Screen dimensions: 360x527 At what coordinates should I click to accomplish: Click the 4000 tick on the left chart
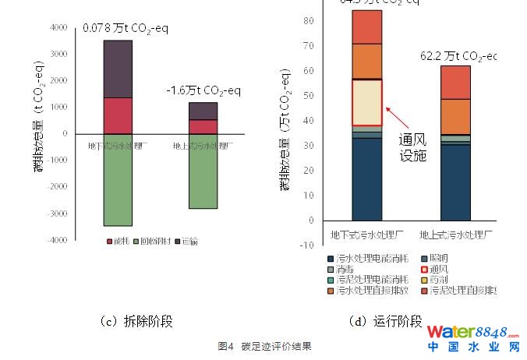click(58, 28)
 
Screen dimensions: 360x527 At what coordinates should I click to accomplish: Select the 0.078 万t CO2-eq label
click(125, 29)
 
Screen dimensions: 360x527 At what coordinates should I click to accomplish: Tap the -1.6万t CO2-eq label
click(199, 90)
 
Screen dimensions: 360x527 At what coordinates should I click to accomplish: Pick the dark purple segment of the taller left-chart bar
click(118, 69)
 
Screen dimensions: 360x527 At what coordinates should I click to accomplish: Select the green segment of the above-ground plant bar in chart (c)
click(203, 171)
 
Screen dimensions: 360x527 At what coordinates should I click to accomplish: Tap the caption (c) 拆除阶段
click(136, 321)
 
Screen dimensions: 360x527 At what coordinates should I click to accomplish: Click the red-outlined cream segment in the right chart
click(366, 102)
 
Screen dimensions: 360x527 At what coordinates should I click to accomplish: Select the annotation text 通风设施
click(413, 148)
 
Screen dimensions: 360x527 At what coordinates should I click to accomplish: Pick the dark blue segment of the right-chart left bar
click(366, 179)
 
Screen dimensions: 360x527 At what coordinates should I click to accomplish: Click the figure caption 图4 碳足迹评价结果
click(264, 346)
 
